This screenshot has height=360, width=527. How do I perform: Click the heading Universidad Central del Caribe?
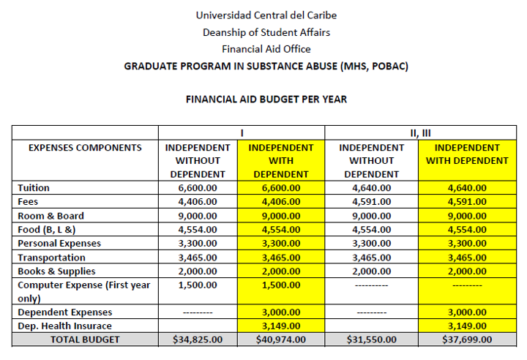click(x=266, y=15)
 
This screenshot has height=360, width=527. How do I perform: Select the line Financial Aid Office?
click(x=266, y=49)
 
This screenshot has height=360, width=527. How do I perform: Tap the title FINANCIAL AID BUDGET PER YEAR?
click(x=266, y=99)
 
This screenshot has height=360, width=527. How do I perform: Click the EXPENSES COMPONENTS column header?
click(x=85, y=147)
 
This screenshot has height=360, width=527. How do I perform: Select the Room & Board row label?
click(x=51, y=216)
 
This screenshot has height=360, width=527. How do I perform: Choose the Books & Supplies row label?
click(x=56, y=271)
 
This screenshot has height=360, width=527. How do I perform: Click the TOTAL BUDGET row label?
click(x=85, y=340)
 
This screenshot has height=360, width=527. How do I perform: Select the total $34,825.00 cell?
click(x=198, y=340)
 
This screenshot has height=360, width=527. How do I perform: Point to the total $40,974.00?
click(x=281, y=340)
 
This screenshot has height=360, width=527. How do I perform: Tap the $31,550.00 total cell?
click(x=371, y=340)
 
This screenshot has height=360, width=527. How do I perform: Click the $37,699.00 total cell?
click(x=467, y=340)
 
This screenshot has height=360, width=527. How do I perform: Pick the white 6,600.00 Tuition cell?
click(x=198, y=188)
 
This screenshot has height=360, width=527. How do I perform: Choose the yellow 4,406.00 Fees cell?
click(x=281, y=202)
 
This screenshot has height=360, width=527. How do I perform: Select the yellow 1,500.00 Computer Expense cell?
click(x=281, y=285)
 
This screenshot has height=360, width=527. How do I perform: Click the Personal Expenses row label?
click(x=59, y=244)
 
